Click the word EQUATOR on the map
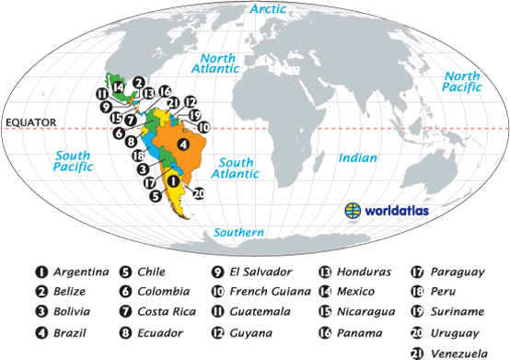(30, 122)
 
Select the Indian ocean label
(358, 157)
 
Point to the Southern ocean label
(239, 232)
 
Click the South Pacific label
(74, 162)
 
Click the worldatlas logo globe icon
(353, 210)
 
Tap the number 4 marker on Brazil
(184, 145)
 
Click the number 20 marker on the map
(198, 193)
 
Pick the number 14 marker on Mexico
(119, 87)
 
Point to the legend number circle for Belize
(41, 292)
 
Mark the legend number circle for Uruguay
(415, 332)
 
